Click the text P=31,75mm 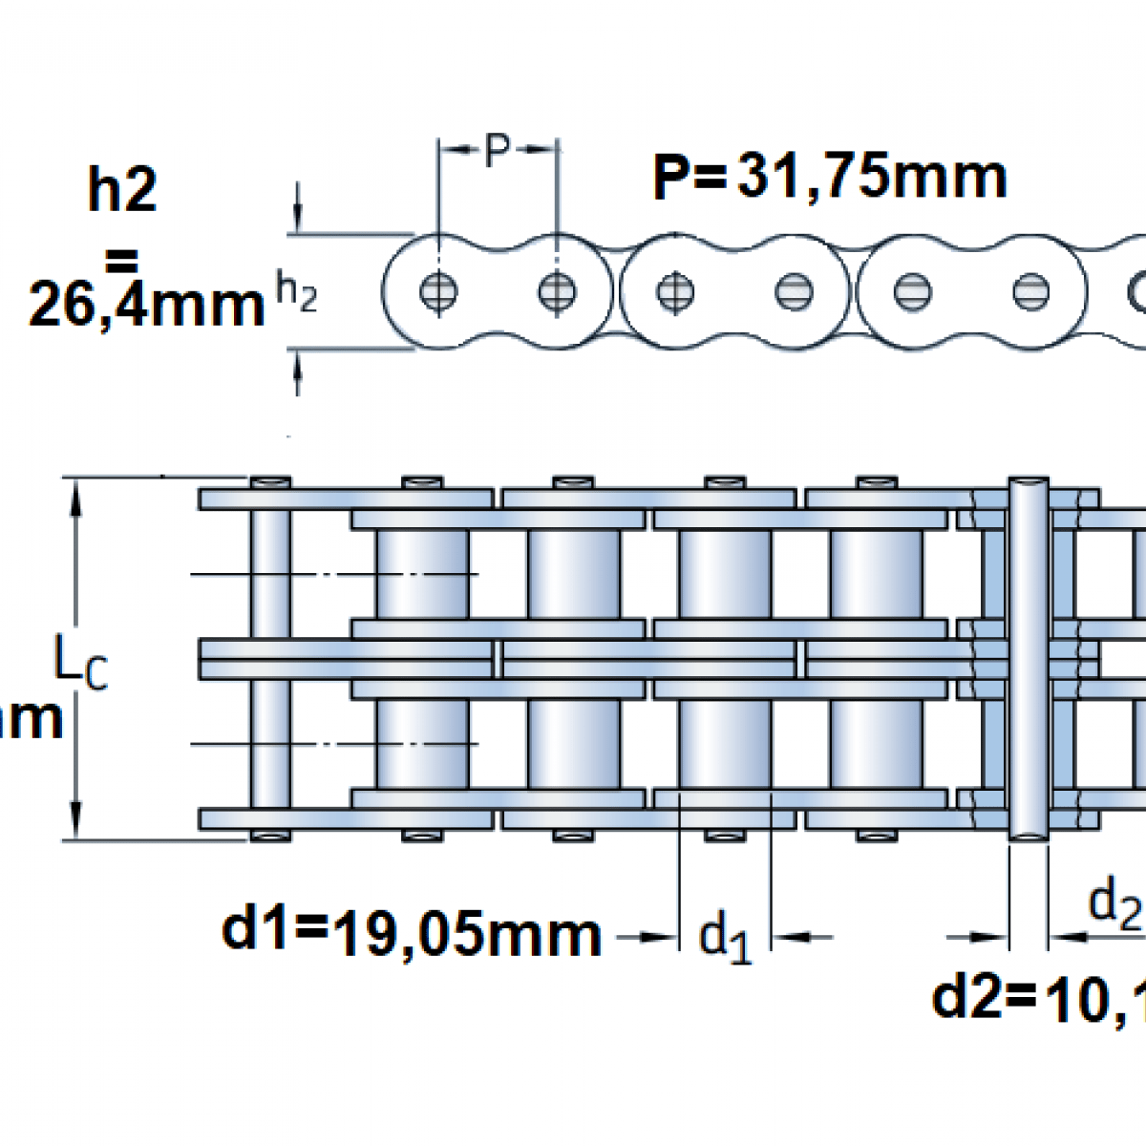[829, 178]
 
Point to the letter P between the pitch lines [497, 151]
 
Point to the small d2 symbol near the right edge [1114, 902]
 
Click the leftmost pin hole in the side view [438, 291]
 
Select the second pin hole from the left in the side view [557, 291]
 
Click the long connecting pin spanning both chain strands [1028, 659]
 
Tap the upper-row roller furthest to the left [422, 574]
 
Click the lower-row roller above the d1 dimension [725, 743]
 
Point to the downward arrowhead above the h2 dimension [298, 215]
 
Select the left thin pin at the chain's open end [270, 659]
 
